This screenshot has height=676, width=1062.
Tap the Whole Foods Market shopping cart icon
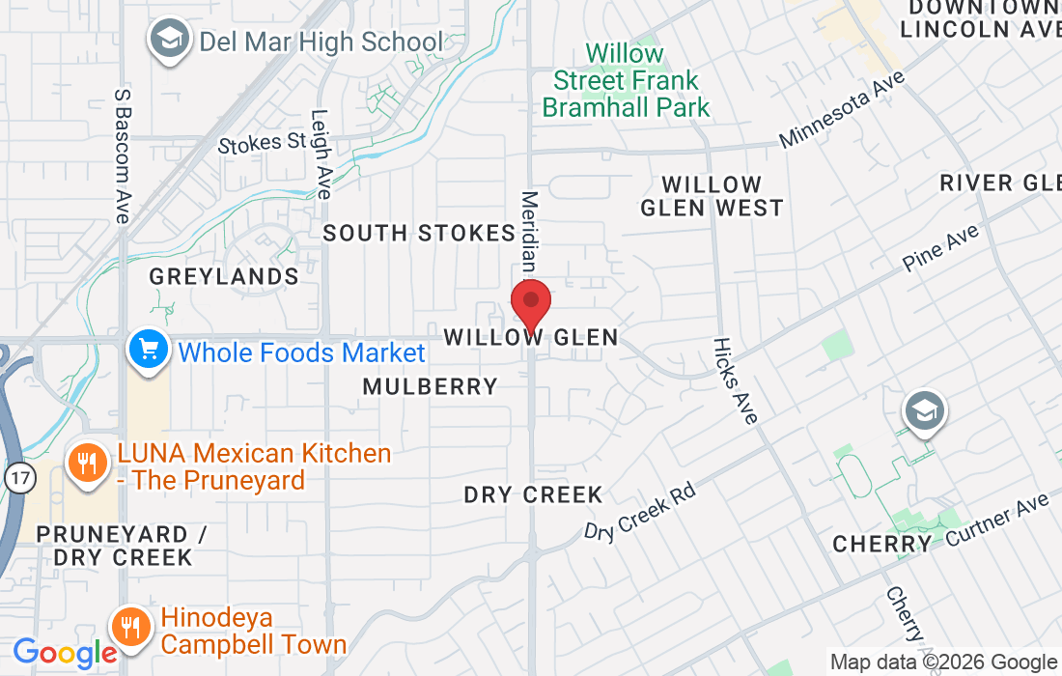pyautogui.click(x=148, y=352)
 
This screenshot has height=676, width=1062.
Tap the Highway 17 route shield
pyautogui.click(x=17, y=475)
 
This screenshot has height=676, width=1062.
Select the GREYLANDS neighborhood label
pyautogui.click(x=224, y=277)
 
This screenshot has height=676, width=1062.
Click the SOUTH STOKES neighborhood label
pyautogui.click(x=419, y=233)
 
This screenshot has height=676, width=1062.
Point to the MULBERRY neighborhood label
pyautogui.click(x=431, y=386)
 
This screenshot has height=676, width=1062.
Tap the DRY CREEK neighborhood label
pyautogui.click(x=533, y=494)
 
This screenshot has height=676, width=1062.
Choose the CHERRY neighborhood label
pyautogui.click(x=882, y=544)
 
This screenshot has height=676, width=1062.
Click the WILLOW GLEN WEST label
pyautogui.click(x=713, y=196)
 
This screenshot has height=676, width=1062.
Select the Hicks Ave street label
pyautogui.click(x=736, y=380)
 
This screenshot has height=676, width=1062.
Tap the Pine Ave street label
pyautogui.click(x=940, y=247)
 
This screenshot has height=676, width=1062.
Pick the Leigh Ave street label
pyautogui.click(x=321, y=154)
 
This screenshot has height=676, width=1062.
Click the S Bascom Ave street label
pyautogui.click(x=122, y=156)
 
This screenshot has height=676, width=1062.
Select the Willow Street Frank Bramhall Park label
pyautogui.click(x=626, y=80)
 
